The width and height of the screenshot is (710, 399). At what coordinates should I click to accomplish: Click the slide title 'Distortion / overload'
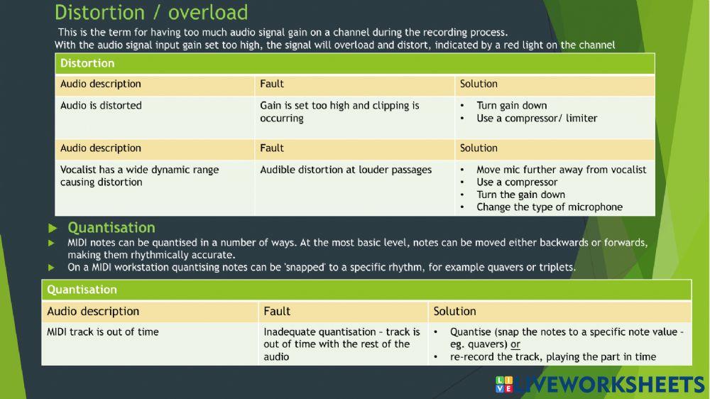coord(151,13)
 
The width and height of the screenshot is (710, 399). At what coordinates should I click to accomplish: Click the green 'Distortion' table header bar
coord(354,63)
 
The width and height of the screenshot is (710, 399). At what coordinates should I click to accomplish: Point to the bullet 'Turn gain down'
coord(512,106)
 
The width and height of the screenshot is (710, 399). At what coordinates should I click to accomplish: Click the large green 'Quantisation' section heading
coord(111,227)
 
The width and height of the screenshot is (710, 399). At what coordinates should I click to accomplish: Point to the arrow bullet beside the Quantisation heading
coord(53,228)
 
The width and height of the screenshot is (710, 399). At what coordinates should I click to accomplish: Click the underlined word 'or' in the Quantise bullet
coord(515,344)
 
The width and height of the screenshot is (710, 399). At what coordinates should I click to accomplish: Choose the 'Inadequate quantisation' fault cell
coord(342,344)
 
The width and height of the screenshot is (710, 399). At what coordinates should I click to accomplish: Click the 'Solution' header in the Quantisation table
coord(454,311)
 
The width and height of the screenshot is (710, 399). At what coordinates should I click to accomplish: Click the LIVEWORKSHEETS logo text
coord(609,385)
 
